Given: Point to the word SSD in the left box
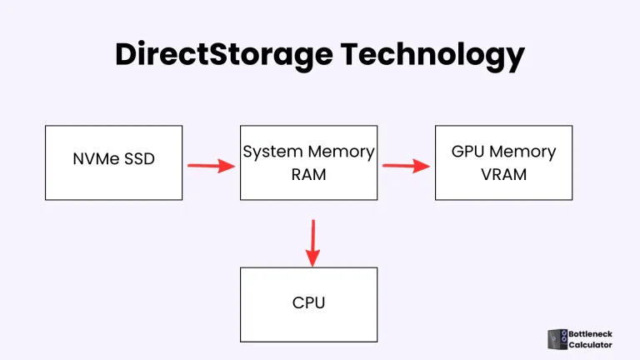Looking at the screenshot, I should click(139, 159).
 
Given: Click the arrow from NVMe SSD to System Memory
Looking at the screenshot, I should click(211, 165).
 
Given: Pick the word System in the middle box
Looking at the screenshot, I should click(269, 152).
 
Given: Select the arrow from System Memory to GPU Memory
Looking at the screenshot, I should click(406, 165).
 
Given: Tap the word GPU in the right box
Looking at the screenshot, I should click(468, 152).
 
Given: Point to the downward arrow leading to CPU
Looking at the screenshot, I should click(312, 242).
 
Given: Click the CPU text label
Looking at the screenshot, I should click(308, 302).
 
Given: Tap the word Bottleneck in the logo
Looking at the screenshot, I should click(590, 334).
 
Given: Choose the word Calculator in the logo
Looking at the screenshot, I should click(590, 345).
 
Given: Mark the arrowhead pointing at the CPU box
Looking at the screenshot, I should click(312, 259).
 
